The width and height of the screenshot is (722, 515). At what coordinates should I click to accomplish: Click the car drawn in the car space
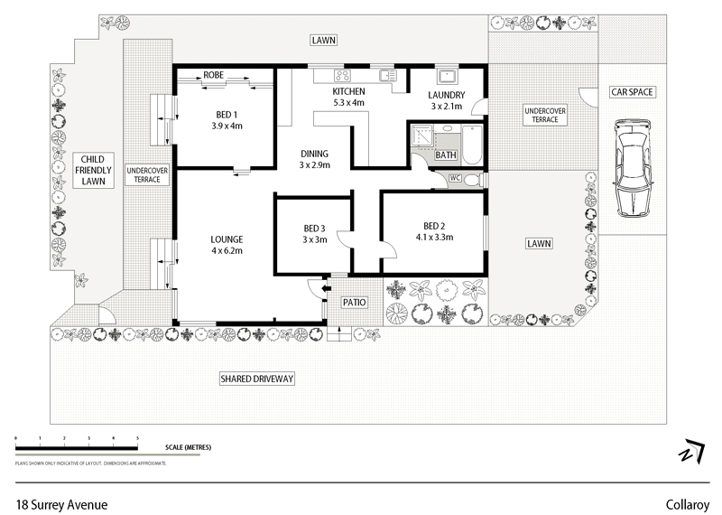633,167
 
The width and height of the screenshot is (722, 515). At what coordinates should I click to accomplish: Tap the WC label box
456,178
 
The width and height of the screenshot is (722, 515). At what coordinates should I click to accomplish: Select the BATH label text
446,155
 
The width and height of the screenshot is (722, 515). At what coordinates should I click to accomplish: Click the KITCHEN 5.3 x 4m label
348,98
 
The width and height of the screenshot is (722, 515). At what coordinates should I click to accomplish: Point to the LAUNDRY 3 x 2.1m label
447,100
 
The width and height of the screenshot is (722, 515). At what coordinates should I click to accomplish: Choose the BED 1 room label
227,119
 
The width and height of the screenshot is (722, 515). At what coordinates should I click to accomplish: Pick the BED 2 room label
434,231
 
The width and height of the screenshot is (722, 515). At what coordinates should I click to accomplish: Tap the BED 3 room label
314,233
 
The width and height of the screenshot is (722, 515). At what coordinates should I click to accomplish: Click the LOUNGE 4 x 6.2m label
227,244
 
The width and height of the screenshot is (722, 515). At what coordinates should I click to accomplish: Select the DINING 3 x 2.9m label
315,159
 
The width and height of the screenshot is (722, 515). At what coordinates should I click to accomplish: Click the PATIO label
352,302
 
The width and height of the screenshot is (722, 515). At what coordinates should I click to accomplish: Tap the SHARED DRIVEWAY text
257,379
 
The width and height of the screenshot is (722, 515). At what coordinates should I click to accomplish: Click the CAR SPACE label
633,92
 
